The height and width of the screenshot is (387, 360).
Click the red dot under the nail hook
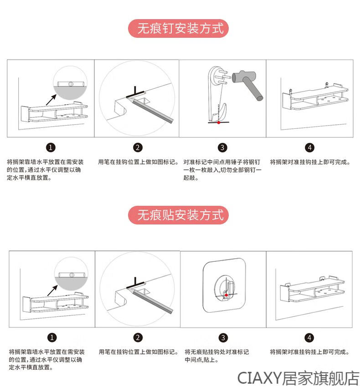[x=218, y=122]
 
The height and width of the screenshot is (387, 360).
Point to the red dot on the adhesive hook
[x=226, y=295]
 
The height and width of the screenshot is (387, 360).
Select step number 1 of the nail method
[x=51, y=148]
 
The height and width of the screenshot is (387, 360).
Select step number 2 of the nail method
[x=138, y=148]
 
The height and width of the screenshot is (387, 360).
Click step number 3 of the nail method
[x=222, y=148]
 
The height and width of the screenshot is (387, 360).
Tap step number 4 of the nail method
[x=309, y=148]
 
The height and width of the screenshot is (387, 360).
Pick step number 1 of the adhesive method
[x=52, y=337]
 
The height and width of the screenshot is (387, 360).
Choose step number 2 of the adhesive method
[x=138, y=337]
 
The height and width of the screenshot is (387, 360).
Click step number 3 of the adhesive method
[x=223, y=337]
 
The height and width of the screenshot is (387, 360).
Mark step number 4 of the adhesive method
[x=309, y=337]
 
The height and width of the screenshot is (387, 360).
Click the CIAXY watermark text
[x=298, y=378]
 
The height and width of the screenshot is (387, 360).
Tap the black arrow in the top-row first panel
[x=51, y=100]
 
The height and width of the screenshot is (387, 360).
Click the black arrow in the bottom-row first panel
[x=52, y=290]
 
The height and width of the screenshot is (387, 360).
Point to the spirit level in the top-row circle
[x=71, y=84]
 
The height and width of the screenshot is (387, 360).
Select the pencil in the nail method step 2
[x=150, y=110]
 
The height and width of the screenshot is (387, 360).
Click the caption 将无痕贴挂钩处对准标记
[x=217, y=351]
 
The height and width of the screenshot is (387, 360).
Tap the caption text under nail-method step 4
[x=310, y=162]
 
